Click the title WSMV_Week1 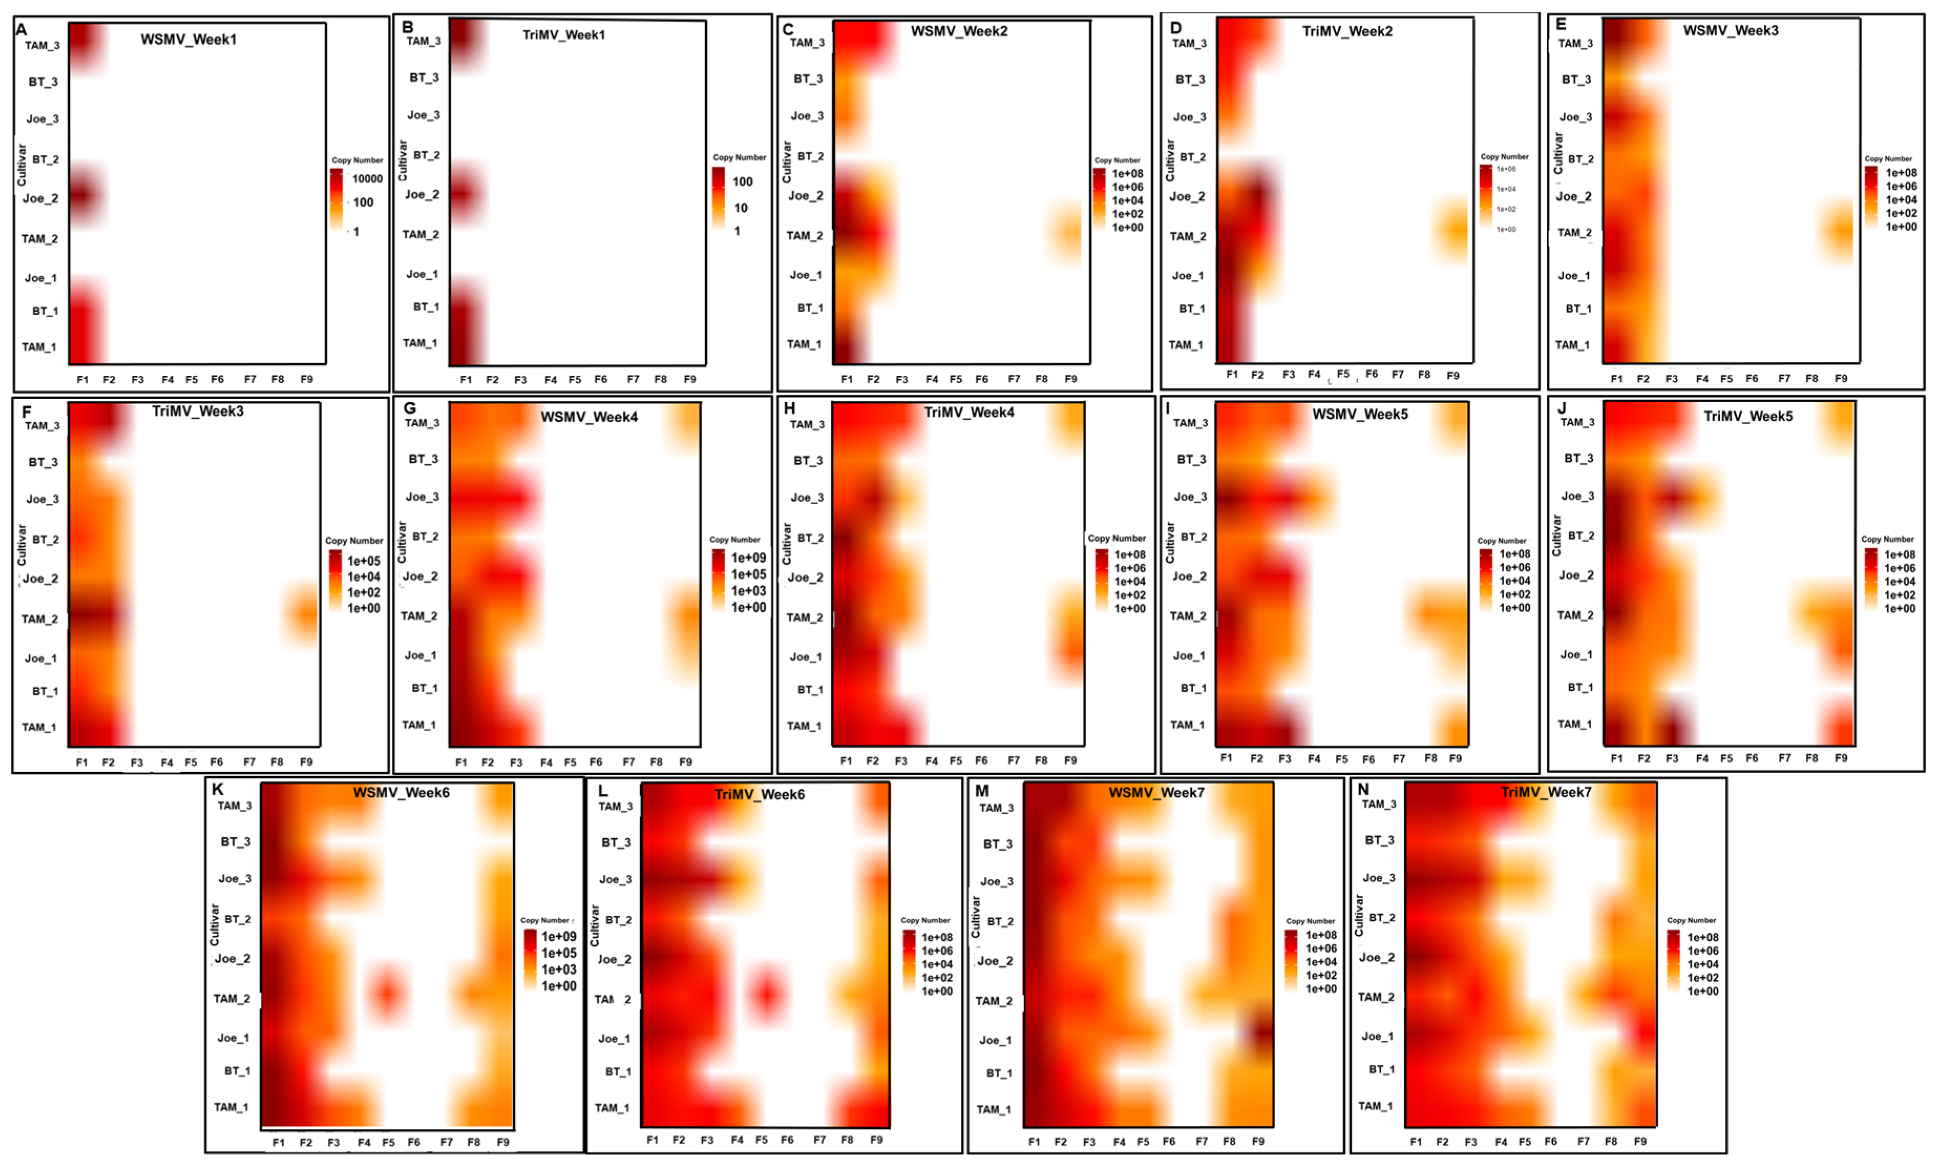(x=188, y=39)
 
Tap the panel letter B (x=407, y=27)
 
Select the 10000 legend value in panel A (x=367, y=179)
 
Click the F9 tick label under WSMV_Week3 (x=1841, y=379)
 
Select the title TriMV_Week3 (x=198, y=411)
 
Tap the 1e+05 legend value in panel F (x=364, y=561)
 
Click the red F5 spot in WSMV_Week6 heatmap (x=387, y=993)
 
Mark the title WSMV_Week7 (x=1157, y=793)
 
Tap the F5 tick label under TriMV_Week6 (x=761, y=1139)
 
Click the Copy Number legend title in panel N (x=1691, y=921)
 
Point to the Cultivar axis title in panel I (x=1170, y=542)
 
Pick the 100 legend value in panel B (x=742, y=182)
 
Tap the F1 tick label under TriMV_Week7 (x=1416, y=1141)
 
